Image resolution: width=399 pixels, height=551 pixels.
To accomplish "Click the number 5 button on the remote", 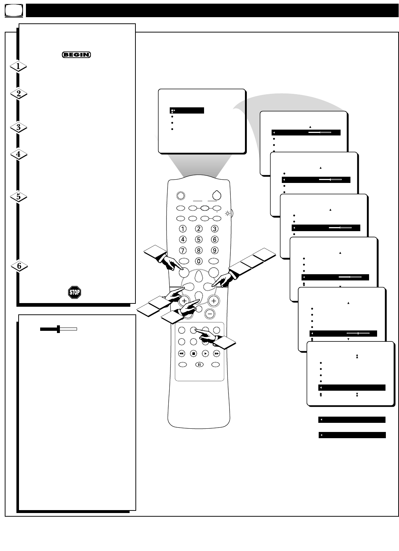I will (199, 240).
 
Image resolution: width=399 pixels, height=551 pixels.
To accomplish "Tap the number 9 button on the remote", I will (215, 251).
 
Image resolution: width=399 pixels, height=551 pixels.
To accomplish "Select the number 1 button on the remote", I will (183, 229).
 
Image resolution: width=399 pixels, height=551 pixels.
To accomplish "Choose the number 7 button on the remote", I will (183, 251).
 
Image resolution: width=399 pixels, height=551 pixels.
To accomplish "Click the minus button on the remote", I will (210, 314).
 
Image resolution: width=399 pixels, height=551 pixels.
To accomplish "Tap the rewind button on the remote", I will (181, 353).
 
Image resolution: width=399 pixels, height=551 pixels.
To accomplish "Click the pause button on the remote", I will (199, 364).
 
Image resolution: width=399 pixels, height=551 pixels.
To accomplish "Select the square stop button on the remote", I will (193, 353).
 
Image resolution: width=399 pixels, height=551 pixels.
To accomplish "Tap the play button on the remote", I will (206, 353).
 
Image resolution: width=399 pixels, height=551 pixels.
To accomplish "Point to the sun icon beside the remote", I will (228, 213).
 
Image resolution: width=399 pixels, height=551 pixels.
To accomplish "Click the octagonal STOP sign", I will (74, 292).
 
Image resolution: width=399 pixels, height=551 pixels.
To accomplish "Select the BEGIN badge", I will (76, 55).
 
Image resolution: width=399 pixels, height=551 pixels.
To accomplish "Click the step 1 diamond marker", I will (18, 67).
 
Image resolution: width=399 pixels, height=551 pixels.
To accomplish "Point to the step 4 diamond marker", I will (18, 154).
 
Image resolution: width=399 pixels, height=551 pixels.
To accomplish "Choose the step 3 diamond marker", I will (18, 127).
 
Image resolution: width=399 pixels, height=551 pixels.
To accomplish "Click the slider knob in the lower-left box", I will (58, 329).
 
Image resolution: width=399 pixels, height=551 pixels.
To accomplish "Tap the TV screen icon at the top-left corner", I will (14, 11).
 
